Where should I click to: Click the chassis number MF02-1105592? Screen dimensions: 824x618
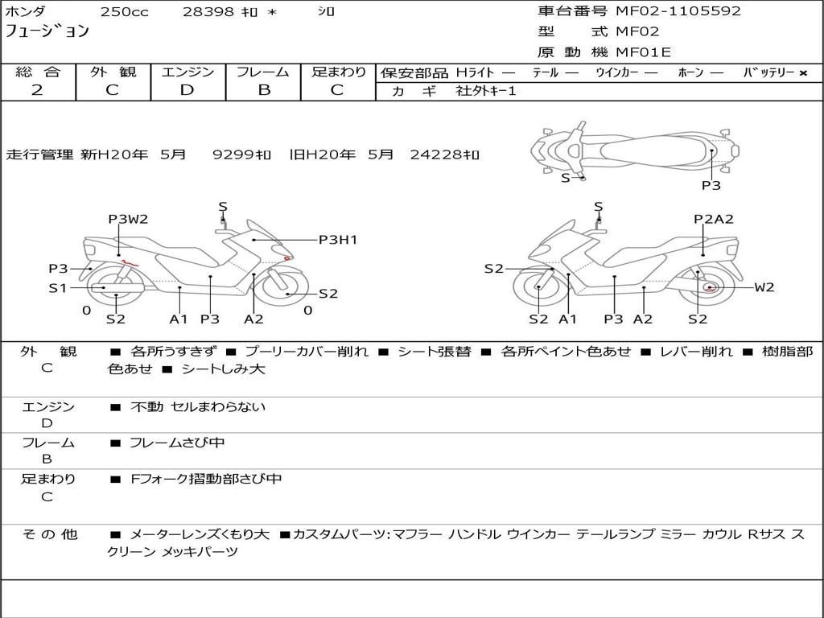678,11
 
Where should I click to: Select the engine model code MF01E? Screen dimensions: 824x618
643,53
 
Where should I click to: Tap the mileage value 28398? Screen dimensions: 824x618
208,12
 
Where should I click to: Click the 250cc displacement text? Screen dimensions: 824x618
124,12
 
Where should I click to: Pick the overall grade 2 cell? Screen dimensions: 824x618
37,90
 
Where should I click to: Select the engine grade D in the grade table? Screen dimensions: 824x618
187,90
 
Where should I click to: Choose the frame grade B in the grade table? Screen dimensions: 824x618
263,90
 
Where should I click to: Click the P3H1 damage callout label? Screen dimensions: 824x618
338,240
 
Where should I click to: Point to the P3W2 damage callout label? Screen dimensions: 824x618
129,219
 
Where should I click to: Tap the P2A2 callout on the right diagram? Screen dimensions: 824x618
714,219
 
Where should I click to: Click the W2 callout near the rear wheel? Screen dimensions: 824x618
764,287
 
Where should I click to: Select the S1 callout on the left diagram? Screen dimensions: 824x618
57,287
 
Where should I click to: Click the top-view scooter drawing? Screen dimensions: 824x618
634,149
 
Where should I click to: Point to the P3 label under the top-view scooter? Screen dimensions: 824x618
711,185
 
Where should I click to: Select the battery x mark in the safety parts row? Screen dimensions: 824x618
802,72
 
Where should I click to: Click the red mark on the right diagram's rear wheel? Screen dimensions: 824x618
709,287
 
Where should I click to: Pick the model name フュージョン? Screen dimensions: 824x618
48,32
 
